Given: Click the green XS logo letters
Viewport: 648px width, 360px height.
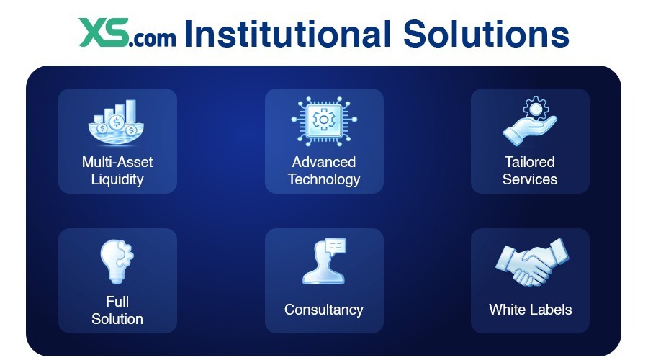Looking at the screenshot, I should pos(104,33).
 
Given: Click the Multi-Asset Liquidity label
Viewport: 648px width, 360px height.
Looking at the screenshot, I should pos(117,171).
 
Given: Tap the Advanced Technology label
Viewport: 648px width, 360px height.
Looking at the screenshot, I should pos(324,171).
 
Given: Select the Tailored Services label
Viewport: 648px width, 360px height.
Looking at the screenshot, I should pos(530,171).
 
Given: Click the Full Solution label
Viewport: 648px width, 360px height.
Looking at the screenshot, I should pos(117,310).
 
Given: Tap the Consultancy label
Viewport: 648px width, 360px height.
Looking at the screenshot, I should pos(324,310).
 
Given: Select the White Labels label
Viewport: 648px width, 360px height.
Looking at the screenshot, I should pos(531,310).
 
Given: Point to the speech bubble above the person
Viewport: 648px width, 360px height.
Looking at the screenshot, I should pos(335,246).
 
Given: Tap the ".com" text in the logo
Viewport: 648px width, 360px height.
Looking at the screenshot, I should pos(153,37).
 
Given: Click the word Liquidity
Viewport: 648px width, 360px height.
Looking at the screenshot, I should pos(117,179).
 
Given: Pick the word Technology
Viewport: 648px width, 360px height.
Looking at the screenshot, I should pos(324,179).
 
